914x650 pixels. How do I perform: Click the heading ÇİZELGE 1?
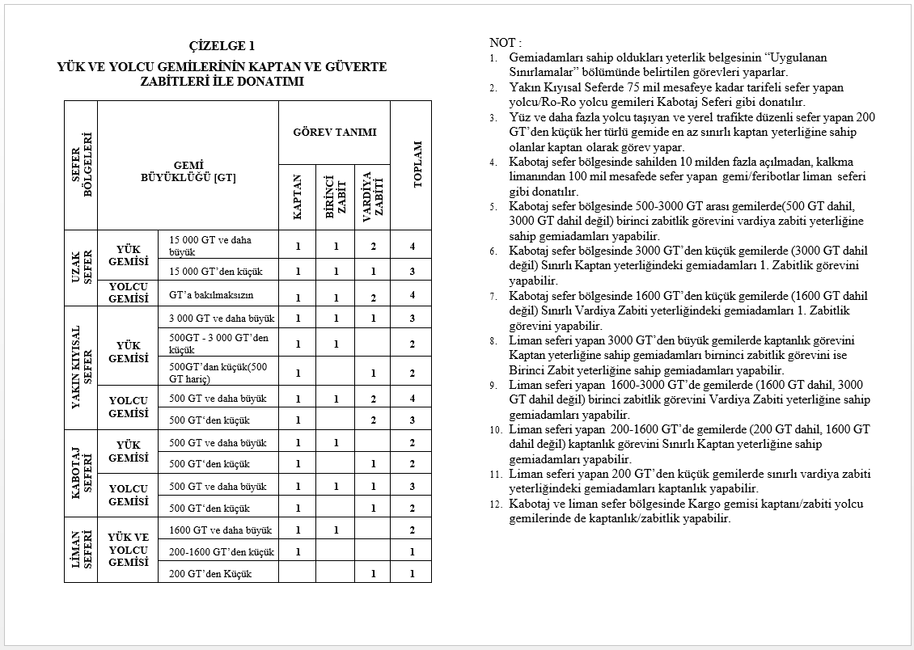click(x=221, y=45)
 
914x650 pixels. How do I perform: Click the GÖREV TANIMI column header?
click(x=334, y=132)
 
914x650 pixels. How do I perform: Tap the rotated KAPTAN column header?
click(x=298, y=196)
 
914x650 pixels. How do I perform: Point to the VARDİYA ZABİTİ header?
click(x=372, y=196)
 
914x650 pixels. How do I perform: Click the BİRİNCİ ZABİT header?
click(x=336, y=196)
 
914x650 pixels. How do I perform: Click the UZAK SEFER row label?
click(x=82, y=267)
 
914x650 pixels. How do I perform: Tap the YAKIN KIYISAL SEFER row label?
click(x=82, y=368)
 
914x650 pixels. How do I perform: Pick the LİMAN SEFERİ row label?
click(x=82, y=550)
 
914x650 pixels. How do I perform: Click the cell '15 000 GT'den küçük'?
click(x=216, y=272)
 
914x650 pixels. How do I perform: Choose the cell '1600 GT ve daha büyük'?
click(x=221, y=530)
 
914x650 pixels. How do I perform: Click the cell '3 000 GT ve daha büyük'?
click(x=222, y=318)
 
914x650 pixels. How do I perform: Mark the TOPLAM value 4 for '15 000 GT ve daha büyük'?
click(x=412, y=246)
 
